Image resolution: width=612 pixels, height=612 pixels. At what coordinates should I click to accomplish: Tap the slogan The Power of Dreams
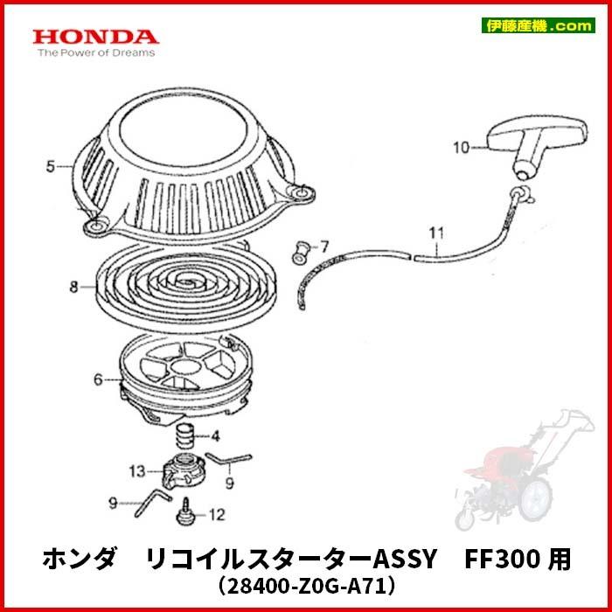click(95, 52)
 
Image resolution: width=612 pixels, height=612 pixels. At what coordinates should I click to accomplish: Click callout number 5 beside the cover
click(51, 163)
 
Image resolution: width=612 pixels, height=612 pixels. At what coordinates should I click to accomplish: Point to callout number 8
click(74, 286)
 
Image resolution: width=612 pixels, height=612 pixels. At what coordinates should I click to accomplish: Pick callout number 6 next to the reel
click(98, 379)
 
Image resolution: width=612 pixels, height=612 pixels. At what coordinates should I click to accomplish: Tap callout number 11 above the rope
click(436, 233)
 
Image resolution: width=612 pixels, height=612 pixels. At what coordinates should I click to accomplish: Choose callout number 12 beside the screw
click(217, 513)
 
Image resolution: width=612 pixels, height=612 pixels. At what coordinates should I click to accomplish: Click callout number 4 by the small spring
click(202, 435)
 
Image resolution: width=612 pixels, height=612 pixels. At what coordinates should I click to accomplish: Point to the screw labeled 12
click(186, 511)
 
